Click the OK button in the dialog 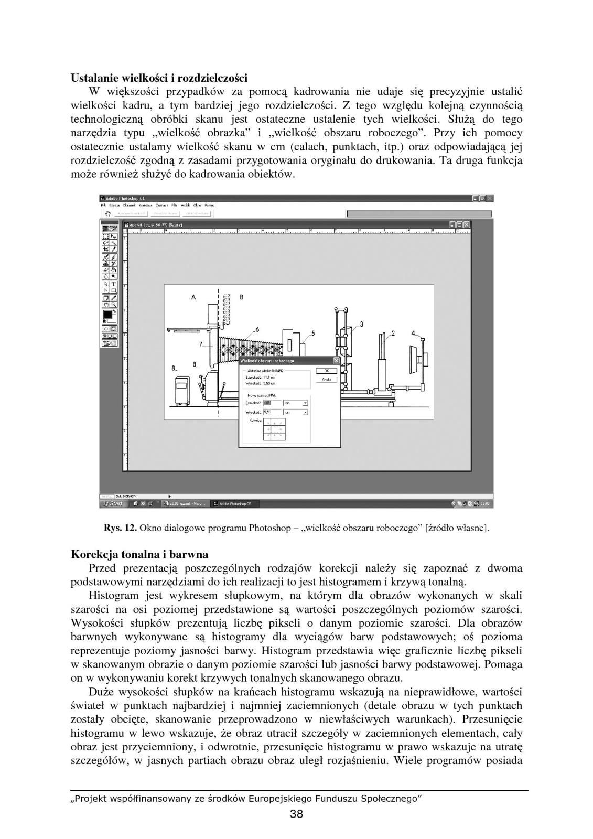click(326, 371)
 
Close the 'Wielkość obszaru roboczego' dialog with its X click(336, 361)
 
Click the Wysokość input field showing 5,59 click(271, 412)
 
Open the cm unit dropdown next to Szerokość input click(296, 403)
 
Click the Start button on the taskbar click(114, 503)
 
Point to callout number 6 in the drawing click(257, 329)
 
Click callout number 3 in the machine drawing click(361, 324)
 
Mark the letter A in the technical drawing click(193, 297)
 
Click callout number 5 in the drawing click(313, 333)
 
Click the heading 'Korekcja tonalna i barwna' click(139, 554)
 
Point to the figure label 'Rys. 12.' click(121, 528)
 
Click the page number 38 click(296, 814)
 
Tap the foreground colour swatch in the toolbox click(108, 314)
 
